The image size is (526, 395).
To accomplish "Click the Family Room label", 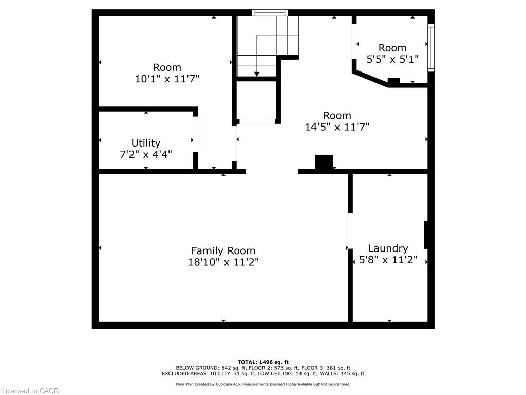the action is [x=223, y=250].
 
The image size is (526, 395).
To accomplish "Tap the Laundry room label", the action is [x=388, y=248].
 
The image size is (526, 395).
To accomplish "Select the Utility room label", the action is [x=145, y=143].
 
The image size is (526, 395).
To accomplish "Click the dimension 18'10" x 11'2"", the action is [x=223, y=262].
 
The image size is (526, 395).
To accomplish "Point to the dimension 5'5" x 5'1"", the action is [x=392, y=60].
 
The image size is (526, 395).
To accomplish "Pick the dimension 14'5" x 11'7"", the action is [x=337, y=127].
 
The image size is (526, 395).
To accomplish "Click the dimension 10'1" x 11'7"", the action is [x=167, y=79].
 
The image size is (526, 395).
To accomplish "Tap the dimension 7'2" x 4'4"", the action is [x=145, y=154].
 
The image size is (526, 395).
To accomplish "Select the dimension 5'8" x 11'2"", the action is [x=388, y=260].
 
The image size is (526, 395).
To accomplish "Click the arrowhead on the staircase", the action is [x=257, y=74].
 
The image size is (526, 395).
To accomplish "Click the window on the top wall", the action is [x=270, y=13].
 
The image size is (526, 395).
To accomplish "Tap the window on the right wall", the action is [x=431, y=47].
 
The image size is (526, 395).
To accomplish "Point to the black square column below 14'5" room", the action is [x=324, y=163].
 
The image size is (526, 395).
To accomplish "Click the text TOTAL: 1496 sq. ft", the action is [x=263, y=362].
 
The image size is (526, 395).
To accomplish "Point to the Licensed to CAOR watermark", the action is [x=30, y=391].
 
